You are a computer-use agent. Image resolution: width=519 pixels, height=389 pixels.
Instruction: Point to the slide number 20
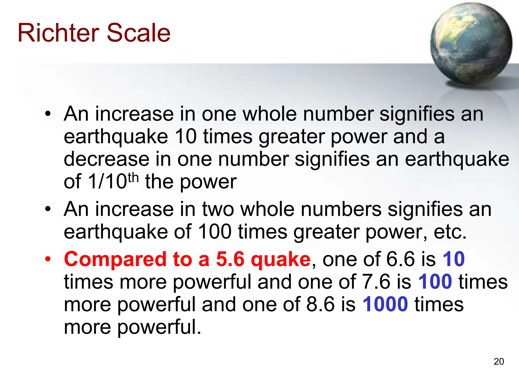point(499,361)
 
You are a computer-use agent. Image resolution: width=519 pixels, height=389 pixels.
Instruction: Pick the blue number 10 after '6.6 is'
point(454,259)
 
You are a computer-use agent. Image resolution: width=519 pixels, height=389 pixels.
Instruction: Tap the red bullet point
point(48,259)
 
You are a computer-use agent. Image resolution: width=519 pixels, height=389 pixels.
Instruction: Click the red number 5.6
point(230,259)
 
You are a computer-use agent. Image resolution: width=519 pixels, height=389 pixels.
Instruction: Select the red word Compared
point(115,259)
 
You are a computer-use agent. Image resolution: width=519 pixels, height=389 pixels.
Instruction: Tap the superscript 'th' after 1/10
point(133,178)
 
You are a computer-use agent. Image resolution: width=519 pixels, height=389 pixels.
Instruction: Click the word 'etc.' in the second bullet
point(450,232)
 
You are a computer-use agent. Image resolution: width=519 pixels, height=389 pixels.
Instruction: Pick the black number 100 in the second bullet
point(214,231)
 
